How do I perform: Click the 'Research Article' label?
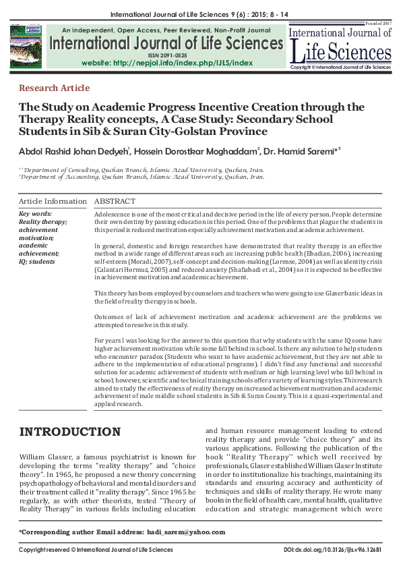55,88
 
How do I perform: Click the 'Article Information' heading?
53,201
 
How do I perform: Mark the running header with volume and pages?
200,13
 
